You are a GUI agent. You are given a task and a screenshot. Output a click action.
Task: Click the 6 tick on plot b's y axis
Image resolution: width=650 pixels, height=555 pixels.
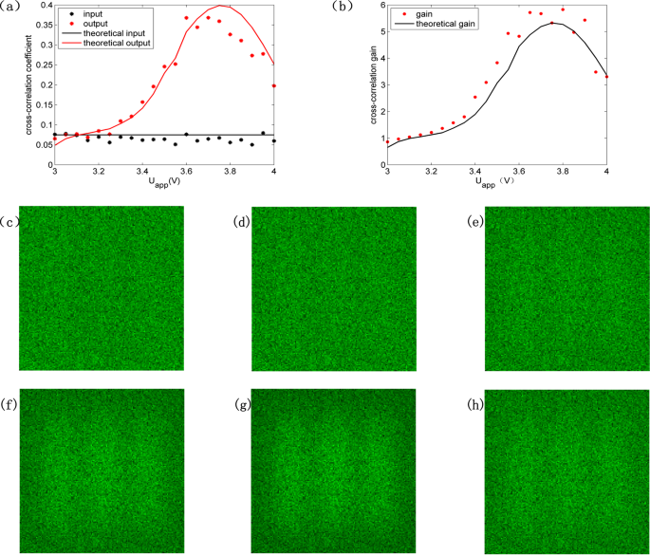coord(381,6)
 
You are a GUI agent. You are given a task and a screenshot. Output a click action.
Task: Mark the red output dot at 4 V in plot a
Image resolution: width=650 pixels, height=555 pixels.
coord(273,85)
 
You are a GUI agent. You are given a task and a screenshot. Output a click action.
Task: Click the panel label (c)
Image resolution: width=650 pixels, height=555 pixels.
coord(10,224)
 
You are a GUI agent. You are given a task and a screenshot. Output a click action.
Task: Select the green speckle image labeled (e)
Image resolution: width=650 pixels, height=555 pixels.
coord(566,287)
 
